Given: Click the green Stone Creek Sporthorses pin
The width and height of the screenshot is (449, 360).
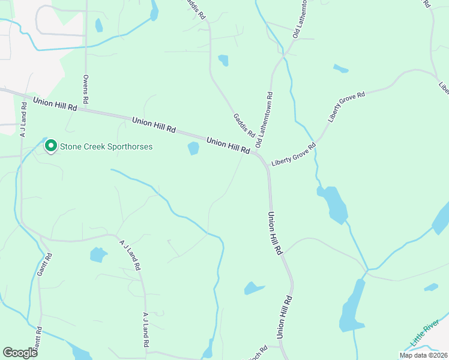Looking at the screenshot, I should [51, 145].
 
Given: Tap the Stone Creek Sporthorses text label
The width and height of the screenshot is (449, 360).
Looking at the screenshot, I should [106, 146].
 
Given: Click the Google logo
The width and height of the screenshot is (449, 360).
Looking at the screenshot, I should [20, 353].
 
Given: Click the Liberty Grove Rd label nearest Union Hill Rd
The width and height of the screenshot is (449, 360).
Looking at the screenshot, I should [294, 155].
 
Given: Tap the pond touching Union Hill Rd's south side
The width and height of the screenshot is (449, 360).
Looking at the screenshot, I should [193, 148].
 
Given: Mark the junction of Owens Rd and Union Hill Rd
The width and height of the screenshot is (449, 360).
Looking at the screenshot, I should [86, 109].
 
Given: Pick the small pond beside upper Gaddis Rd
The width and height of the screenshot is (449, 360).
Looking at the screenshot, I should [223, 60].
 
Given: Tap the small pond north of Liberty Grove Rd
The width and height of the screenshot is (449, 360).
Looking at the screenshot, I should [340, 68].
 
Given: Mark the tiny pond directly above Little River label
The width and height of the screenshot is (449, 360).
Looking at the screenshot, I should [431, 287].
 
